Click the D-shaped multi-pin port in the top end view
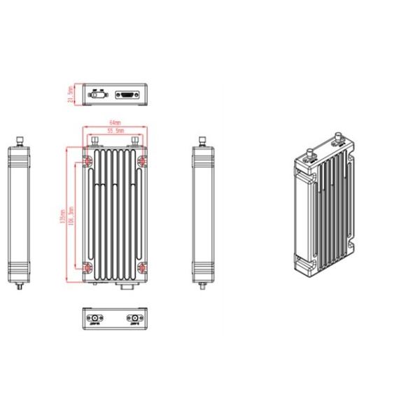(127, 94)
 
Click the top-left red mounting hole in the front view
(87, 160)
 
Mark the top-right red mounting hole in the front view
(143, 160)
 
